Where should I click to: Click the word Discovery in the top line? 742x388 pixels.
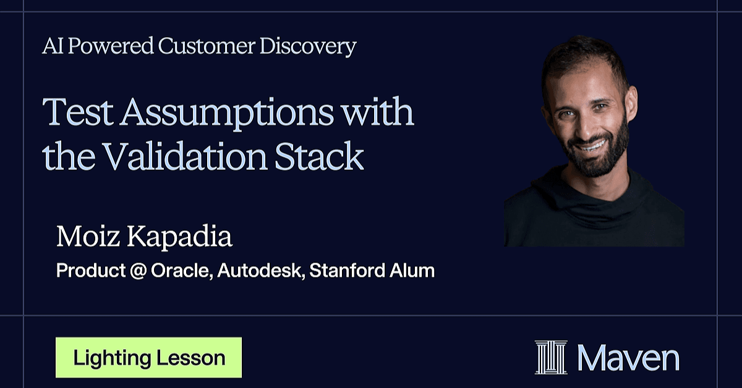308,46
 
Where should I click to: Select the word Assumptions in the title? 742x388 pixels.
226,113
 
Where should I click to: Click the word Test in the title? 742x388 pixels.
78,112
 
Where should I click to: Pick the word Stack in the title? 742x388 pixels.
319,156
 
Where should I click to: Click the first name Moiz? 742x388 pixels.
88,236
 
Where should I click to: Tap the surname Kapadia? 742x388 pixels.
180,237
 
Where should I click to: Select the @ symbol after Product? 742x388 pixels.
138,271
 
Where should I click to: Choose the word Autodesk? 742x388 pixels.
261,270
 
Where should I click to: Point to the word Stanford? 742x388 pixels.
347,270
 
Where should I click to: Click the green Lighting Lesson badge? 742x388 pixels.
149,358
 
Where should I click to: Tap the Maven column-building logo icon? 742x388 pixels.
551,358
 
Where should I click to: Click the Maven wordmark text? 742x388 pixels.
628,358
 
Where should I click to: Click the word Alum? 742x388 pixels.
412,270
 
